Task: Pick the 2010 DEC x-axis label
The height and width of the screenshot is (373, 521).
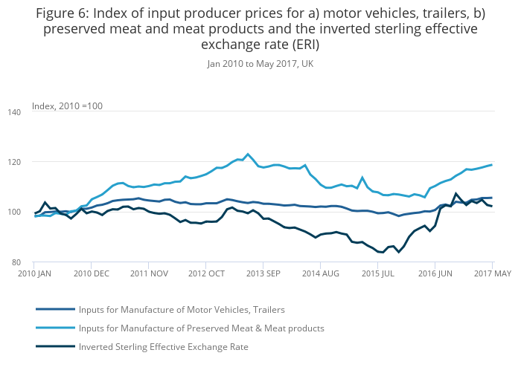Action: (92, 273)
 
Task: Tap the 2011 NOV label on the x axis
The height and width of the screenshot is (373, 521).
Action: (150, 273)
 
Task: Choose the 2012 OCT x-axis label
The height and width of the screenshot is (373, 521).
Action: (207, 273)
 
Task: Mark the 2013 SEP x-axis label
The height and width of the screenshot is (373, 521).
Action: (264, 273)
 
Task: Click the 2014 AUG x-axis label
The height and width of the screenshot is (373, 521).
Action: (321, 273)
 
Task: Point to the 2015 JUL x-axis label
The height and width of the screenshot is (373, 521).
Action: (379, 273)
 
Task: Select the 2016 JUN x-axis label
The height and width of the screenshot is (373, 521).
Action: (436, 273)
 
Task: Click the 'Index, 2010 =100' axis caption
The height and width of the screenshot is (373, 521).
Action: (67, 106)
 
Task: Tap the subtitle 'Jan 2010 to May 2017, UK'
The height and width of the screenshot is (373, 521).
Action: (260, 64)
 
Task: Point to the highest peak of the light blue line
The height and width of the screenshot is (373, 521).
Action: (248, 155)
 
